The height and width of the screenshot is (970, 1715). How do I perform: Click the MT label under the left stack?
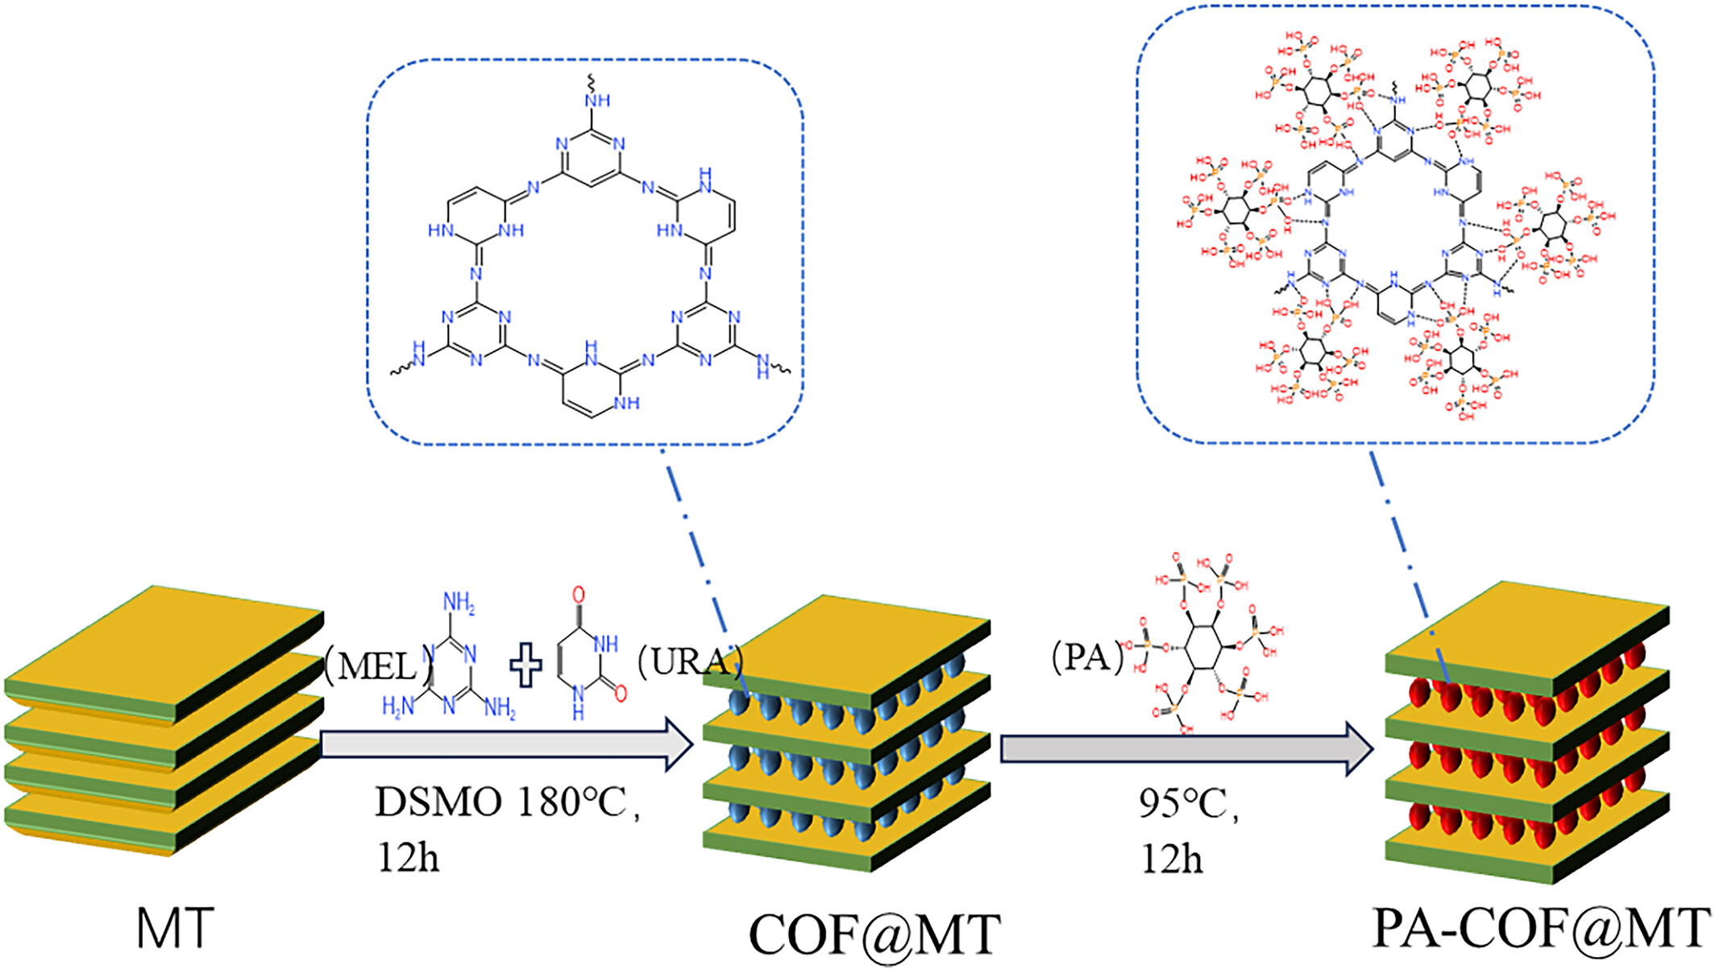tap(175, 928)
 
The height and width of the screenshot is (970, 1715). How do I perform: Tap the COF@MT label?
tap(874, 935)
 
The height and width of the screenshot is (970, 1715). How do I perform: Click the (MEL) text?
tap(377, 666)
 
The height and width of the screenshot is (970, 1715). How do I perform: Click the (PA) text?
tap(1087, 657)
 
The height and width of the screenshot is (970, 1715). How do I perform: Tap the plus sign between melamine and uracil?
tap(525, 666)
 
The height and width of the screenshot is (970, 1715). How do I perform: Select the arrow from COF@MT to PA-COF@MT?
tap(1186, 748)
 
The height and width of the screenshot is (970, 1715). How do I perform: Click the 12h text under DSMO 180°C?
tap(408, 858)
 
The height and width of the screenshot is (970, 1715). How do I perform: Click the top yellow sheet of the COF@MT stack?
tap(846, 649)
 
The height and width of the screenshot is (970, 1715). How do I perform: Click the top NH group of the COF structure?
tap(597, 101)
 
